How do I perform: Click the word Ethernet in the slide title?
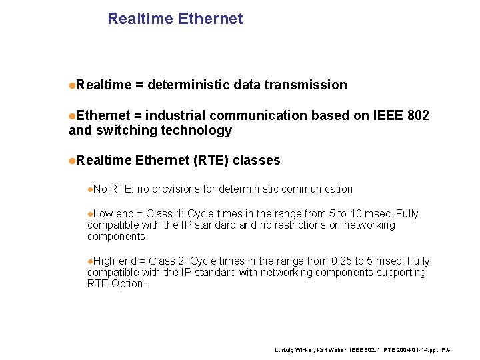(x=211, y=19)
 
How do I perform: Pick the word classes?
(x=257, y=160)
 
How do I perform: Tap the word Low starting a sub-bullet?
(x=103, y=214)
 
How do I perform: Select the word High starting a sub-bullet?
(x=105, y=261)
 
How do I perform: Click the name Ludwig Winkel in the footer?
(x=291, y=350)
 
